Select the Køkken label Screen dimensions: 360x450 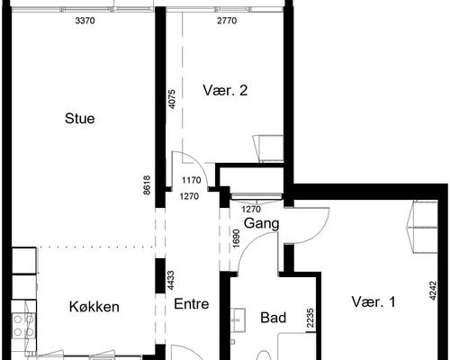94,307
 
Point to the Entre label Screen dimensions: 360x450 192,304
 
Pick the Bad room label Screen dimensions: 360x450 273,318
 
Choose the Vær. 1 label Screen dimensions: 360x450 373,303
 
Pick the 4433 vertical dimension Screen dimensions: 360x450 172,282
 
